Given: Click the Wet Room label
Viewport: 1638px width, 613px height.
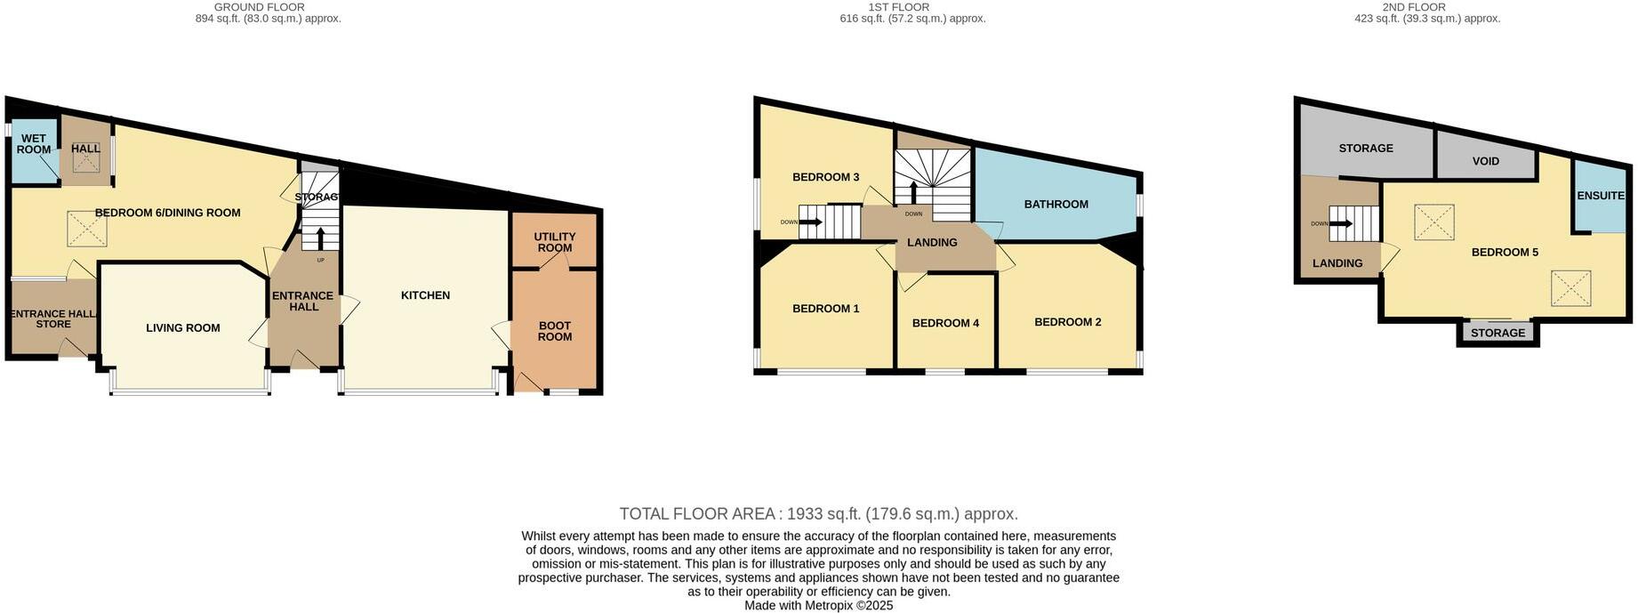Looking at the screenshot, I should (x=34, y=144).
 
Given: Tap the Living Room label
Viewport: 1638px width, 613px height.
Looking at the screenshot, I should (x=183, y=328).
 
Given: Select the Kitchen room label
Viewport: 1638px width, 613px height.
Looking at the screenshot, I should (x=425, y=295).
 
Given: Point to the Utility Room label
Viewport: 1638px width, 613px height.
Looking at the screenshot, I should (x=555, y=242).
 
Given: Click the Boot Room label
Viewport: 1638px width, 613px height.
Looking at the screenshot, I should (x=555, y=331).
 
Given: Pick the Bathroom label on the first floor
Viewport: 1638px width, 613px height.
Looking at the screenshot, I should (x=1056, y=205).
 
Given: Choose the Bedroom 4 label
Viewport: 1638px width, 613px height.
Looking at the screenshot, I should (x=945, y=323).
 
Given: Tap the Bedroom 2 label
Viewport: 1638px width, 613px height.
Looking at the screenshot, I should (x=1067, y=322).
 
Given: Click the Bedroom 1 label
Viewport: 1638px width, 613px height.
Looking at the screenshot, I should (x=825, y=309).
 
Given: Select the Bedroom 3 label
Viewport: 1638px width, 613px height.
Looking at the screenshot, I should (x=825, y=177).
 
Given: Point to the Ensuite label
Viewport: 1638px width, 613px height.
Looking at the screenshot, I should (x=1600, y=196).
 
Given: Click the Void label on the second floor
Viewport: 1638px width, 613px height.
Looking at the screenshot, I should (x=1485, y=162).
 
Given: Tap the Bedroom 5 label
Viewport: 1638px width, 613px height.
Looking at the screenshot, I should (x=1505, y=253).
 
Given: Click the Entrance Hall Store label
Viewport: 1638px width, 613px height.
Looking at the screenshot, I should (x=53, y=319).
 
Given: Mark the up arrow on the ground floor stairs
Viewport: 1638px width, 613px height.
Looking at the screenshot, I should (x=320, y=238).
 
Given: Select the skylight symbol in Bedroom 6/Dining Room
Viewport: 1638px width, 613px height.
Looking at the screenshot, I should (x=88, y=229).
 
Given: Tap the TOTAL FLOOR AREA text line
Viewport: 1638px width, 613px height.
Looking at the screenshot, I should (x=818, y=514).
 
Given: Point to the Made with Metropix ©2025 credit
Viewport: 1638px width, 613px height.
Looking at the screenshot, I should (x=818, y=606).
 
